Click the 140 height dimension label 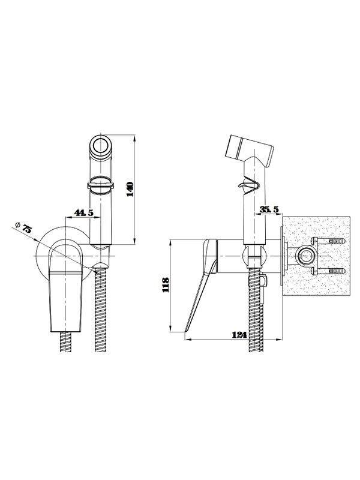click(130, 189)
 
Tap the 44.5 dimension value click(83, 212)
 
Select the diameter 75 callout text click(23, 227)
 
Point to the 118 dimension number click(166, 284)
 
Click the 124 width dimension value click(239, 335)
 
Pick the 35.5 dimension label click(269, 209)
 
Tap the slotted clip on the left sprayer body click(101, 185)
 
